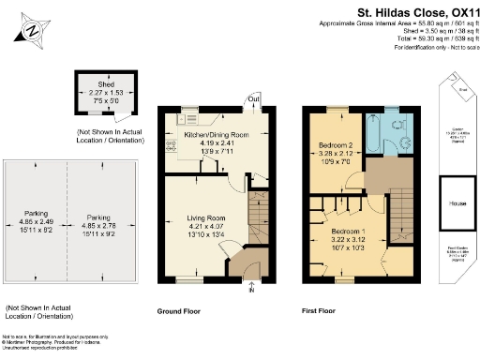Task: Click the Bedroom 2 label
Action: (x=336, y=147)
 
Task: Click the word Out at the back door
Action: (x=253, y=99)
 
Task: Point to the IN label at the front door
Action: (x=251, y=290)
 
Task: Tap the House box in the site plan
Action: (x=457, y=203)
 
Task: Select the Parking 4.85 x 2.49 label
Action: (x=35, y=219)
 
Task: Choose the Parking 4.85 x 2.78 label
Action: (x=97, y=219)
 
